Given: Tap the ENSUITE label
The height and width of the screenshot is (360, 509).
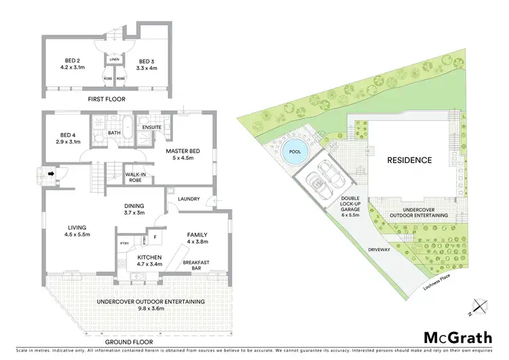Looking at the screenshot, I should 151,126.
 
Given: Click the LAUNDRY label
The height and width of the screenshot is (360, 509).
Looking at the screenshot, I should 188,199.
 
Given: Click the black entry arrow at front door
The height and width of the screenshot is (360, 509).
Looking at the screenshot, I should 50,173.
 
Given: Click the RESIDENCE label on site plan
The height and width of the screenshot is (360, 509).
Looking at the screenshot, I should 409,160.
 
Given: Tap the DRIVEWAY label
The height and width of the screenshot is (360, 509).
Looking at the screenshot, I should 380,250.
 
